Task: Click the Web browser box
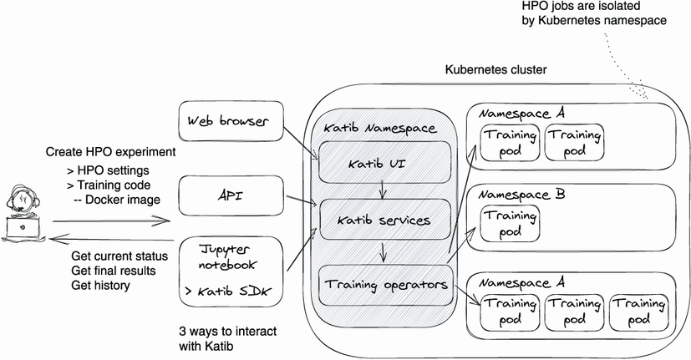(228, 123)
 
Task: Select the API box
(228, 196)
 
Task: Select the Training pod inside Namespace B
(509, 222)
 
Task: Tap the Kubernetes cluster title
(495, 69)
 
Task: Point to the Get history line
(103, 286)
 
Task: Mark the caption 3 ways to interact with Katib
(228, 337)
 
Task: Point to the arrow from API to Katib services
(300, 200)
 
